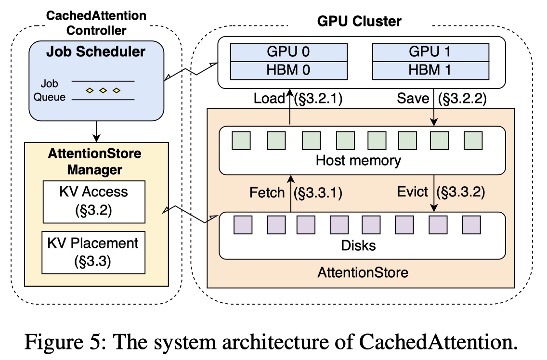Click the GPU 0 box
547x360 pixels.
pos(288,52)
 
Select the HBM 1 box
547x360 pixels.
pos(430,70)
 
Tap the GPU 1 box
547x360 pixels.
pos(430,52)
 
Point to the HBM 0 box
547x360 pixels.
pos(288,70)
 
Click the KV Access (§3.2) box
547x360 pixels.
pos(94,202)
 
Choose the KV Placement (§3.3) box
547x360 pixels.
pos(93,252)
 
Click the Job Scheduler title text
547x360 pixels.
pos(96,51)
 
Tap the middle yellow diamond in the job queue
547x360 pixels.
pos(103,90)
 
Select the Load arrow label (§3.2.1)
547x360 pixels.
pos(318,98)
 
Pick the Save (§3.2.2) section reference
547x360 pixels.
pos(462,98)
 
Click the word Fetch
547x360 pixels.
pos(267,193)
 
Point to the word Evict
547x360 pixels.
pos(412,192)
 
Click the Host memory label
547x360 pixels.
pos(358,160)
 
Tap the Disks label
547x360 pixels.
pos(358,245)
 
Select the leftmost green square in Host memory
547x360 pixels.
pos(241,141)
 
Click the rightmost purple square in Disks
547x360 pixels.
pos(471,225)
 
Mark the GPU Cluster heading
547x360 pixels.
pos(359,21)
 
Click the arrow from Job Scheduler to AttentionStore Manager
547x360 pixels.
pos(96,131)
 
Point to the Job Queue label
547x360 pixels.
pos(49,90)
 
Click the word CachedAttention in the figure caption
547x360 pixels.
pos(438,342)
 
